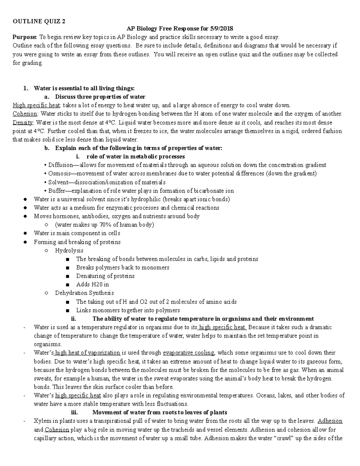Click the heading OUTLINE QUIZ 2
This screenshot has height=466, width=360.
click(x=39, y=21)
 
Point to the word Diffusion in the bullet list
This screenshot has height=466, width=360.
click(x=60, y=165)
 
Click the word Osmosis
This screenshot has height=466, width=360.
click(x=59, y=173)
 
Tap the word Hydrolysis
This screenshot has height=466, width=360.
click(x=69, y=250)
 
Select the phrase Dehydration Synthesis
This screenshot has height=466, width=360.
click(x=84, y=293)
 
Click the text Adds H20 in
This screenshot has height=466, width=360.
click(x=92, y=284)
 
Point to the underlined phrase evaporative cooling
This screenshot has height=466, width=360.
click(x=189, y=353)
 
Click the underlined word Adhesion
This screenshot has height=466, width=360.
click(x=330, y=421)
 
